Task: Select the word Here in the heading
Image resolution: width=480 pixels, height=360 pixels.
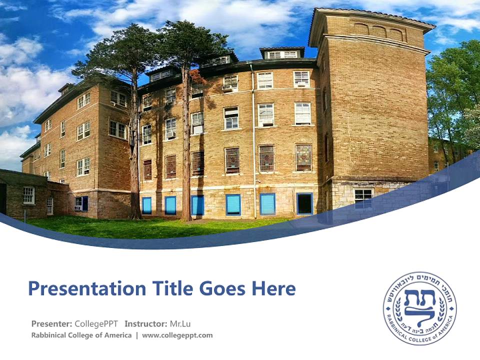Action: pyautogui.click(x=273, y=289)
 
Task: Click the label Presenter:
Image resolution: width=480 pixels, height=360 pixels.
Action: pyautogui.click(x=51, y=323)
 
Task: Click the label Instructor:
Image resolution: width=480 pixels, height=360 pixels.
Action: pyautogui.click(x=145, y=323)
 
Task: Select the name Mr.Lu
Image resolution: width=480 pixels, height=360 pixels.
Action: pyautogui.click(x=180, y=323)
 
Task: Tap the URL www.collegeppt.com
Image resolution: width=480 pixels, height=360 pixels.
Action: pyautogui.click(x=177, y=335)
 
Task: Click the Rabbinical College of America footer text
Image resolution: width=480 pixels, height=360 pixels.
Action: pyautogui.click(x=81, y=335)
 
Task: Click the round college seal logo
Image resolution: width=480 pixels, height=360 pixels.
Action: pyautogui.click(x=419, y=308)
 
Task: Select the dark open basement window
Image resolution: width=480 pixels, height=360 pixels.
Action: pyautogui.click(x=304, y=203)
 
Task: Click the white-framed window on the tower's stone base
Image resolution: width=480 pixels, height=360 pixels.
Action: pyautogui.click(x=363, y=195)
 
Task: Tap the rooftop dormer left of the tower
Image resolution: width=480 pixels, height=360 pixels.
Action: pyautogui.click(x=282, y=53)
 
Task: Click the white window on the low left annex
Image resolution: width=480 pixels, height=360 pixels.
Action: pyautogui.click(x=29, y=195)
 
